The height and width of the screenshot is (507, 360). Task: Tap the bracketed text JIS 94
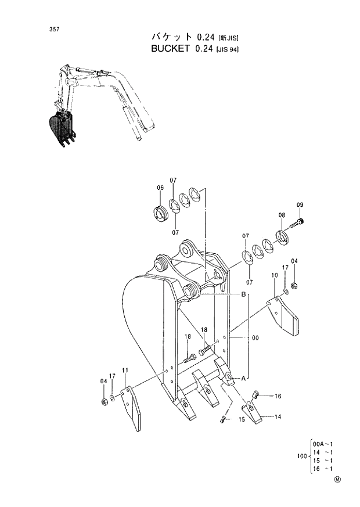point(228,49)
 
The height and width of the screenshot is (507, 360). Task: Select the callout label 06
point(160,188)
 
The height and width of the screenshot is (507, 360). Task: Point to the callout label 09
point(300,204)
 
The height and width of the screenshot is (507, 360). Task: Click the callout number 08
point(282,215)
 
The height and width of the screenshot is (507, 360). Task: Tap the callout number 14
point(278,417)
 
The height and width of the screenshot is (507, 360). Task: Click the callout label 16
point(278,396)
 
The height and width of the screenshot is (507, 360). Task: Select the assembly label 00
point(255,337)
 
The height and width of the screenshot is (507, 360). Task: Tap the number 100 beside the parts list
point(302,456)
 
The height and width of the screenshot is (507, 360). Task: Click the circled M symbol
point(337,480)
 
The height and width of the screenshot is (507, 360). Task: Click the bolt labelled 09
point(300,221)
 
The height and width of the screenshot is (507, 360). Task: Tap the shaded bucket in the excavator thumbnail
point(61,126)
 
